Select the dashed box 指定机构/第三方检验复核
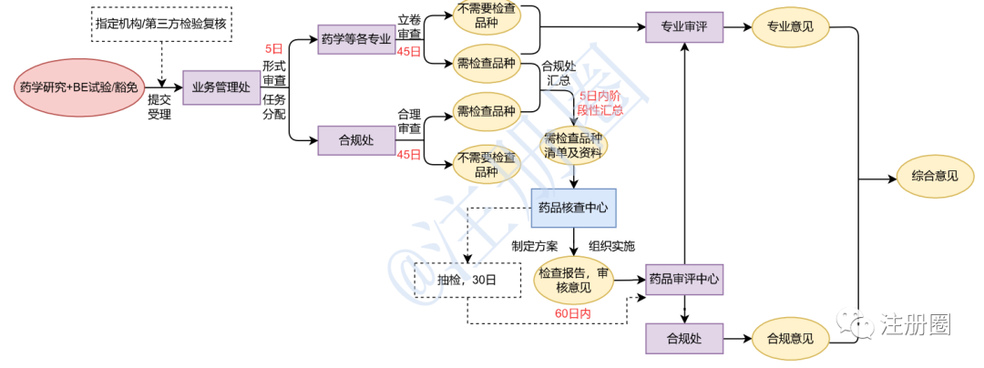pyautogui.click(x=160, y=21)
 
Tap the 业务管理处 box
pyautogui.click(x=221, y=87)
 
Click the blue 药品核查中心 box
pyautogui.click(x=574, y=208)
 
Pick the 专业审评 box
pyautogui.click(x=683, y=27)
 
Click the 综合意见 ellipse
pyautogui.click(x=934, y=177)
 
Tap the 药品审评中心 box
pyautogui.click(x=683, y=280)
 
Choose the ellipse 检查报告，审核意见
pyautogui.click(x=574, y=281)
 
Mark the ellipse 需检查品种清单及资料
pyautogui.click(x=574, y=145)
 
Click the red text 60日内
pyautogui.click(x=573, y=313)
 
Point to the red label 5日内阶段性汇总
pyautogui.click(x=601, y=102)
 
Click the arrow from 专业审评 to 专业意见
pyautogui.click(x=736, y=27)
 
